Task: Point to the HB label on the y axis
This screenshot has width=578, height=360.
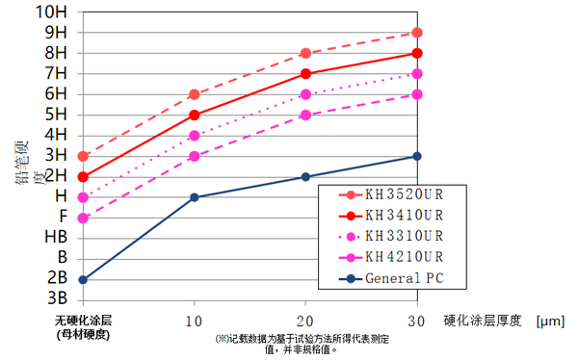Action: click(x=55, y=238)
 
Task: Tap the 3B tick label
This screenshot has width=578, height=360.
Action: click(x=57, y=299)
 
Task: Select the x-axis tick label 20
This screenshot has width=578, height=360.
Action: click(x=305, y=320)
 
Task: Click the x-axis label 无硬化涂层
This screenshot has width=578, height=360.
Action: click(x=84, y=320)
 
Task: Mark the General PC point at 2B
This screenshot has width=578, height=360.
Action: click(x=83, y=279)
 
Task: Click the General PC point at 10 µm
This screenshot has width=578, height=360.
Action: click(x=195, y=197)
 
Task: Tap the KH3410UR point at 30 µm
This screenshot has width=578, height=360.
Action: click(x=417, y=54)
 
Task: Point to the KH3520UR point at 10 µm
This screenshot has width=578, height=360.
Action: click(x=195, y=94)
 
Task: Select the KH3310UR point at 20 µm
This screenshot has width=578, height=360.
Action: click(x=305, y=94)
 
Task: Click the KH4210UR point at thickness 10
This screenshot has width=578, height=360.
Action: click(x=195, y=156)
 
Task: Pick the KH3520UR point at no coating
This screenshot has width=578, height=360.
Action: click(x=83, y=156)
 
